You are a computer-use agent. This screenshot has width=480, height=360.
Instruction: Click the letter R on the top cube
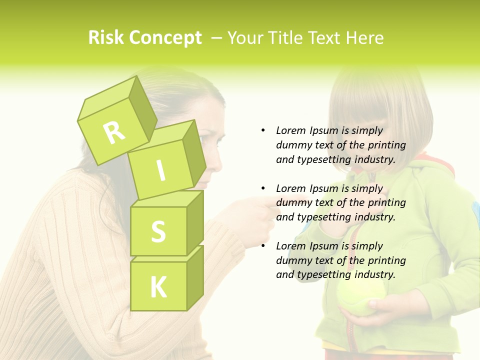tap(114, 132)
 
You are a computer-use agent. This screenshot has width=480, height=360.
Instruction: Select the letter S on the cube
tap(158, 231)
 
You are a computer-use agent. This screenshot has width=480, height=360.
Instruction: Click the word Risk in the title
tap(105, 37)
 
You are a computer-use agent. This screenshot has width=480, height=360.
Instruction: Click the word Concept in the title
tap(165, 38)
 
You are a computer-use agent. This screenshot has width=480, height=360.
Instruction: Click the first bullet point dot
tap(263, 130)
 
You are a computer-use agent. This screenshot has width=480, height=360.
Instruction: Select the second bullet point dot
tap(263, 188)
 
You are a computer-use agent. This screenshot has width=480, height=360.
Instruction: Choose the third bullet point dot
tap(263, 246)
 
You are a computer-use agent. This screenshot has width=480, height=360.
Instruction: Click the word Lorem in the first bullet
tap(291, 130)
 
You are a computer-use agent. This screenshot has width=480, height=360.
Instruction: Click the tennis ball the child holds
tap(359, 298)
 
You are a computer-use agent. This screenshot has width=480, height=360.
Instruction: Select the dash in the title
tap(216, 38)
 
